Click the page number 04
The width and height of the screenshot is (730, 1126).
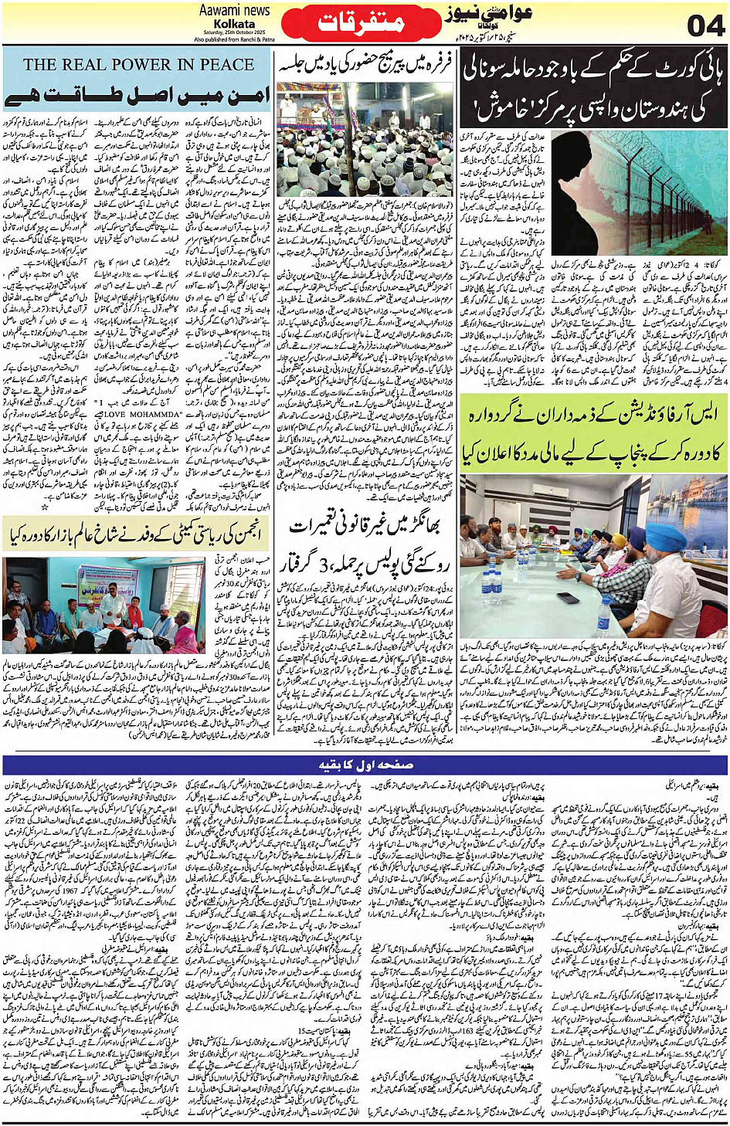pyautogui.click(x=705, y=25)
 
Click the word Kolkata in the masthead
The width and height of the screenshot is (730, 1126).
pyautogui.click(x=235, y=24)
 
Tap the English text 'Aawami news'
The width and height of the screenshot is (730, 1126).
pyautogui.click(x=235, y=10)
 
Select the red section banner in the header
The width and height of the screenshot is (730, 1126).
pyautogui.click(x=362, y=22)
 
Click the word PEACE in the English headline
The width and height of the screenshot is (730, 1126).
pyautogui.click(x=220, y=65)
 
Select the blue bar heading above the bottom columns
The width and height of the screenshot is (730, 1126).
pyautogui.click(x=365, y=765)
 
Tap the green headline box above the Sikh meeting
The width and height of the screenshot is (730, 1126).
pyautogui.click(x=594, y=432)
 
